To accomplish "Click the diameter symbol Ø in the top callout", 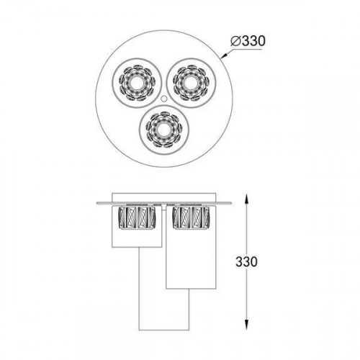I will pos(236,41).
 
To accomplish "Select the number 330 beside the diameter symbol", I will pos(253,41).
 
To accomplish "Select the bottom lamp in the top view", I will pos(161,130).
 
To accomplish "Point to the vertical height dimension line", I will pos(248,288).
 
